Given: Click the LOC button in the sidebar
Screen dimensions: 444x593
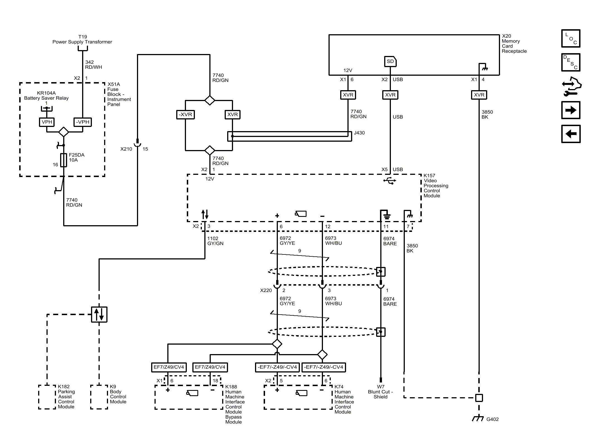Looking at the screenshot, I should [x=570, y=38].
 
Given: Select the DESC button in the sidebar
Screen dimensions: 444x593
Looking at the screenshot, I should [x=570, y=62].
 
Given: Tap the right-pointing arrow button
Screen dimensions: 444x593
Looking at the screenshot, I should [x=570, y=110].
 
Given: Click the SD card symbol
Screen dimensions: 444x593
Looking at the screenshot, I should [x=390, y=62].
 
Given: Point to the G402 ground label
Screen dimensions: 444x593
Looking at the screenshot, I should [x=492, y=419].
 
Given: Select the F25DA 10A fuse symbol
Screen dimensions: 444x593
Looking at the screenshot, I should [x=64, y=160].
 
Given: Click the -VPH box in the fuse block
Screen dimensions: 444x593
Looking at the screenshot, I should [x=83, y=122].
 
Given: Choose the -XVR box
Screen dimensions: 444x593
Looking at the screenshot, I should [x=185, y=114].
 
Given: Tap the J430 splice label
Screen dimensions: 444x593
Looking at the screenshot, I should [x=359, y=133].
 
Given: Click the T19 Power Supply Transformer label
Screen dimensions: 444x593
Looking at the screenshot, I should [x=82, y=39].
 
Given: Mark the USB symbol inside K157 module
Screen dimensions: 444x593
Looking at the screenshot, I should [x=390, y=181].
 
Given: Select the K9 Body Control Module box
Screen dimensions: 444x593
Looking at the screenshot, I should [x=99, y=397].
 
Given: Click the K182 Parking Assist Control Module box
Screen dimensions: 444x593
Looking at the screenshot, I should [x=47, y=397].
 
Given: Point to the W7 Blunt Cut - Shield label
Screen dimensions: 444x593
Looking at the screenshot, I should [x=380, y=392].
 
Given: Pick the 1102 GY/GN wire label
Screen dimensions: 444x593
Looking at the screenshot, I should [x=215, y=241].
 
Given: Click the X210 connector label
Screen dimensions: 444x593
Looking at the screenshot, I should [x=126, y=149].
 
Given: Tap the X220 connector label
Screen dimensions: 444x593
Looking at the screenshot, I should [x=266, y=290].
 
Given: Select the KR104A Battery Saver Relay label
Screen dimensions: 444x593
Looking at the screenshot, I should [x=46, y=95].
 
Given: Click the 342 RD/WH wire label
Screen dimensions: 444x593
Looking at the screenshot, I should [x=94, y=65].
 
